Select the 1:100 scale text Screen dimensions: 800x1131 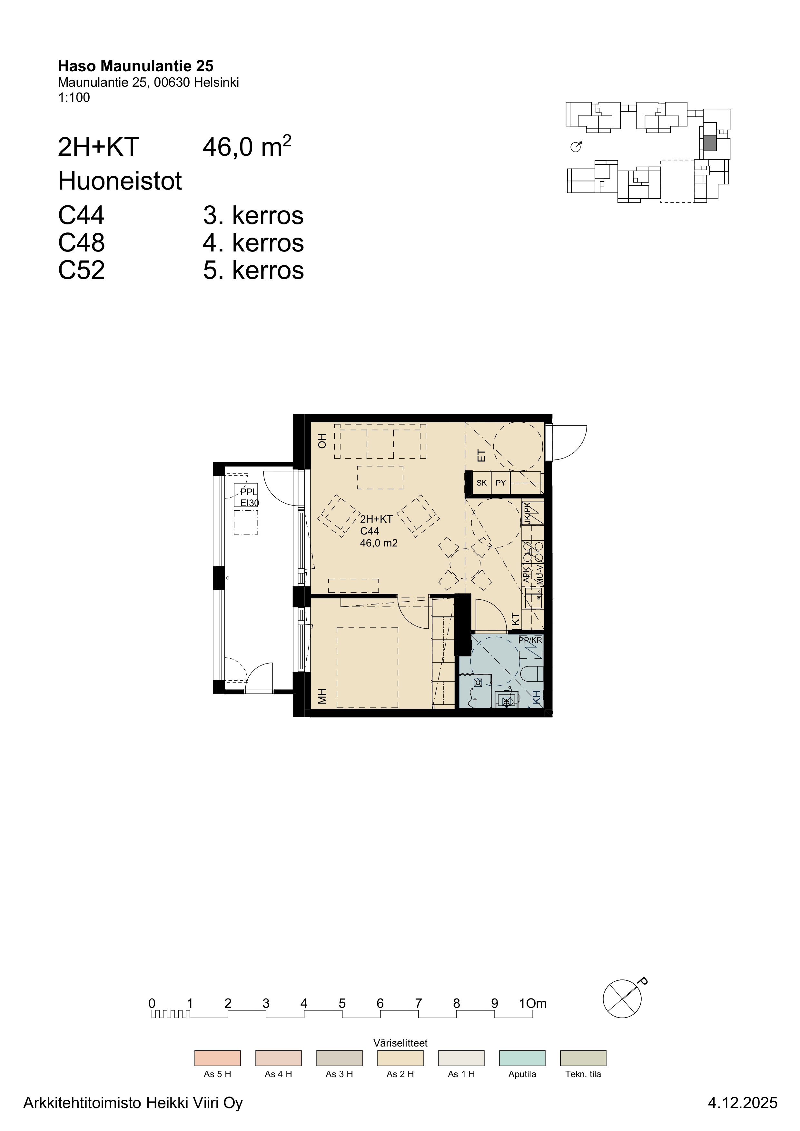[74, 98]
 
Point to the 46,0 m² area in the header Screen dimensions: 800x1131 [247, 146]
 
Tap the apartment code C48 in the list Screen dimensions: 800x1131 [81, 243]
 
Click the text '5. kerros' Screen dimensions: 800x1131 [253, 270]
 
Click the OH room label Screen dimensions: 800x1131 [322, 440]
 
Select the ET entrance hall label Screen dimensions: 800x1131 [482, 456]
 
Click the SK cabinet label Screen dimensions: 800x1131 [482, 483]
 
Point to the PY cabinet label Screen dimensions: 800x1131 [500, 483]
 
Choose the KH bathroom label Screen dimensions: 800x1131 [536, 697]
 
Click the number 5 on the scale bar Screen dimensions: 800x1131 [342, 1003]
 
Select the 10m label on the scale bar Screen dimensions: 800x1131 [533, 1003]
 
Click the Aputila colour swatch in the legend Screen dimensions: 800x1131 [522, 1058]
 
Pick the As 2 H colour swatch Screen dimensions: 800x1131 [400, 1058]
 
